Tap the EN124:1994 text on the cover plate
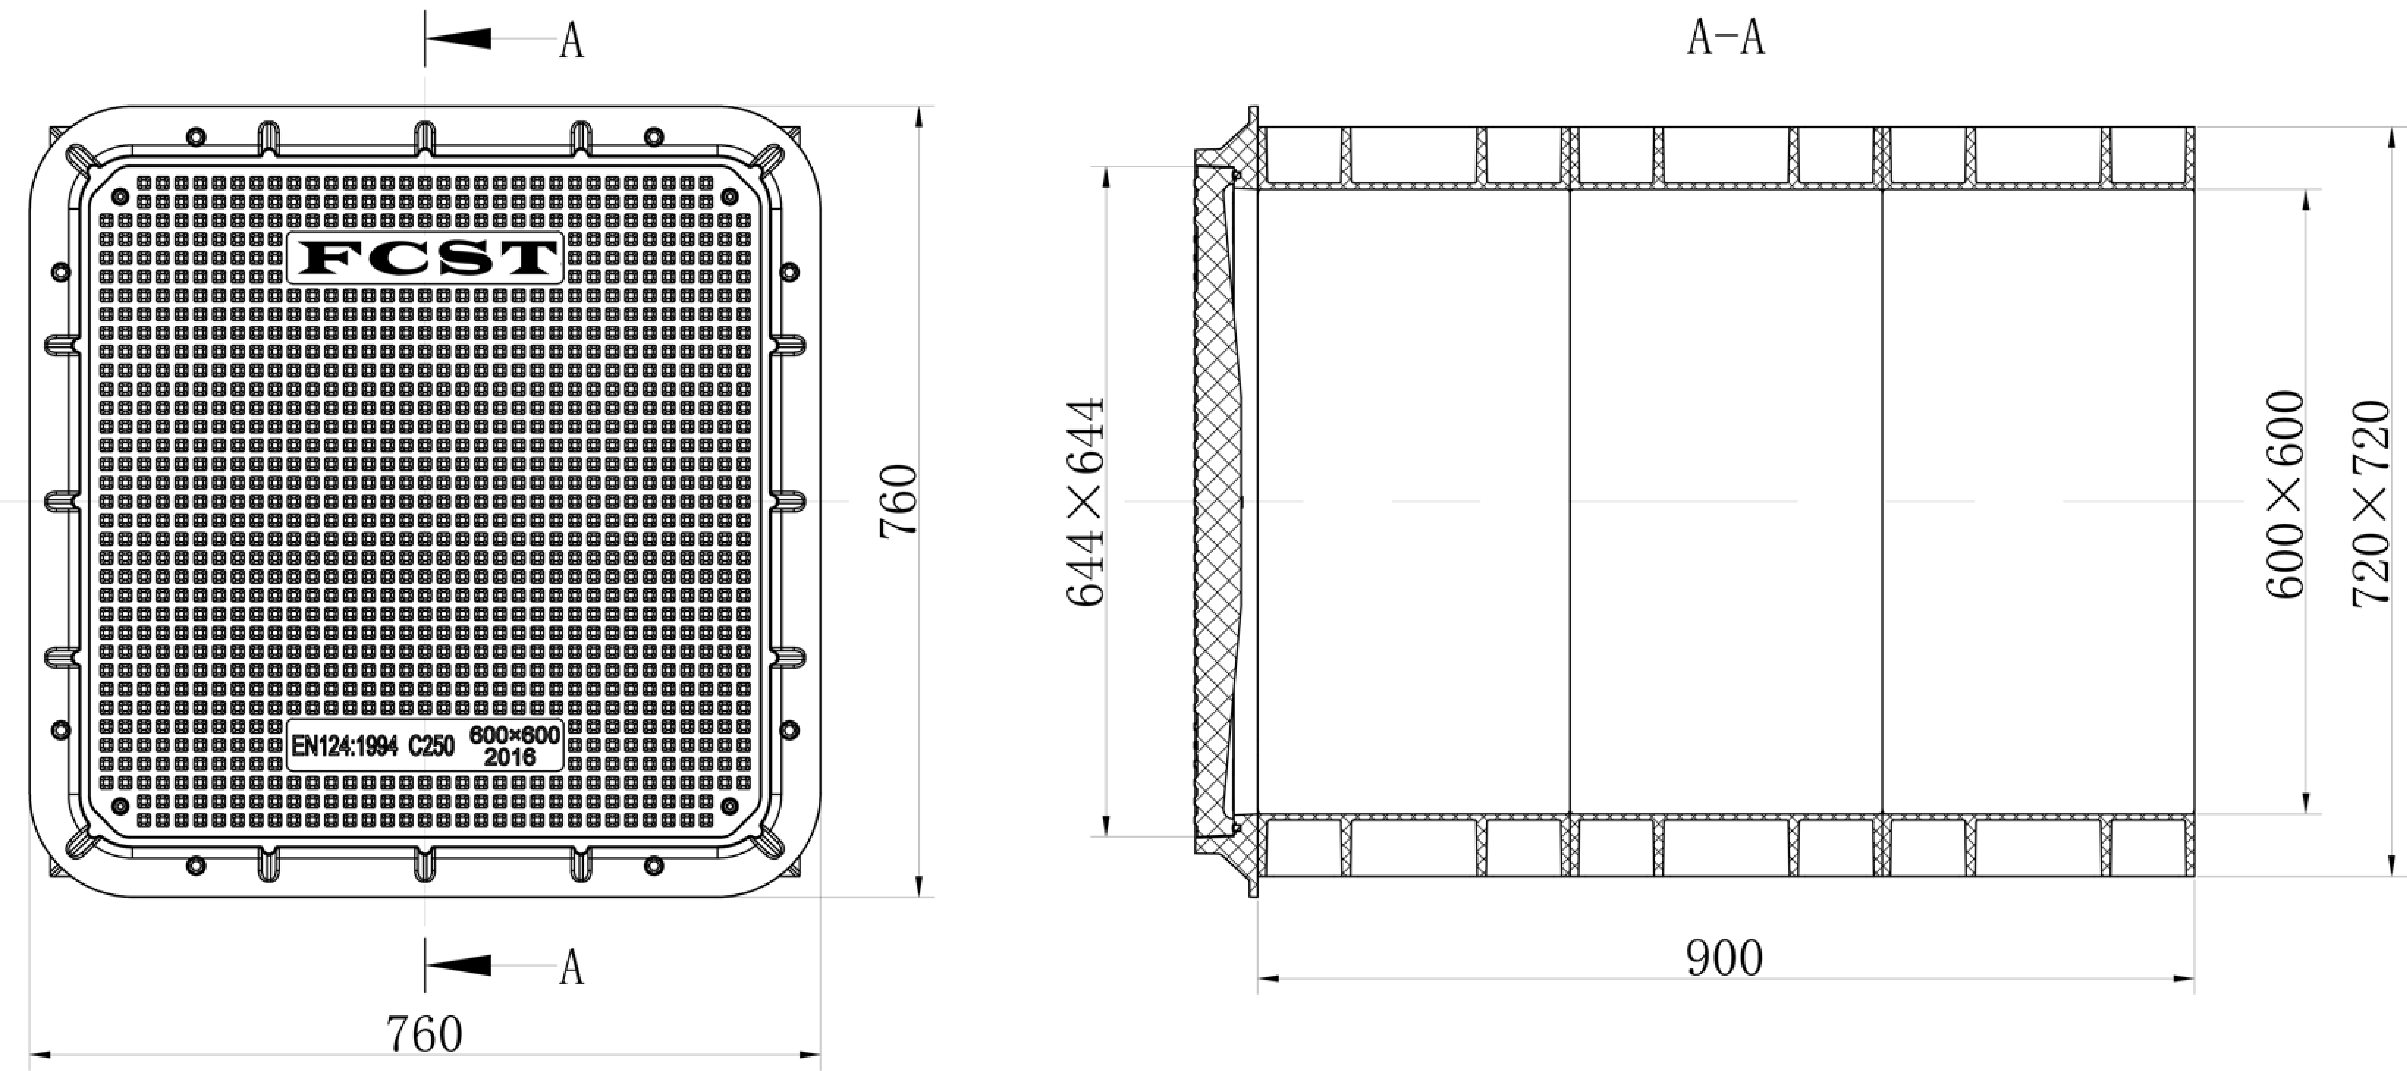pyautogui.click(x=345, y=746)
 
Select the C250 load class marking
pyautogui.click(x=432, y=746)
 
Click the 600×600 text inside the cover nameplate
pyautogui.click(x=514, y=735)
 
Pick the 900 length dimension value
pyautogui.click(x=1724, y=958)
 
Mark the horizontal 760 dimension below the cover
pyautogui.click(x=425, y=1034)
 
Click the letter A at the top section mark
pyautogui.click(x=572, y=41)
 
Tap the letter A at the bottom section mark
pyautogui.click(x=572, y=968)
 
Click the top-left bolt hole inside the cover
pyautogui.click(x=120, y=196)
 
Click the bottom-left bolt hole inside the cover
pyautogui.click(x=120, y=806)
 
